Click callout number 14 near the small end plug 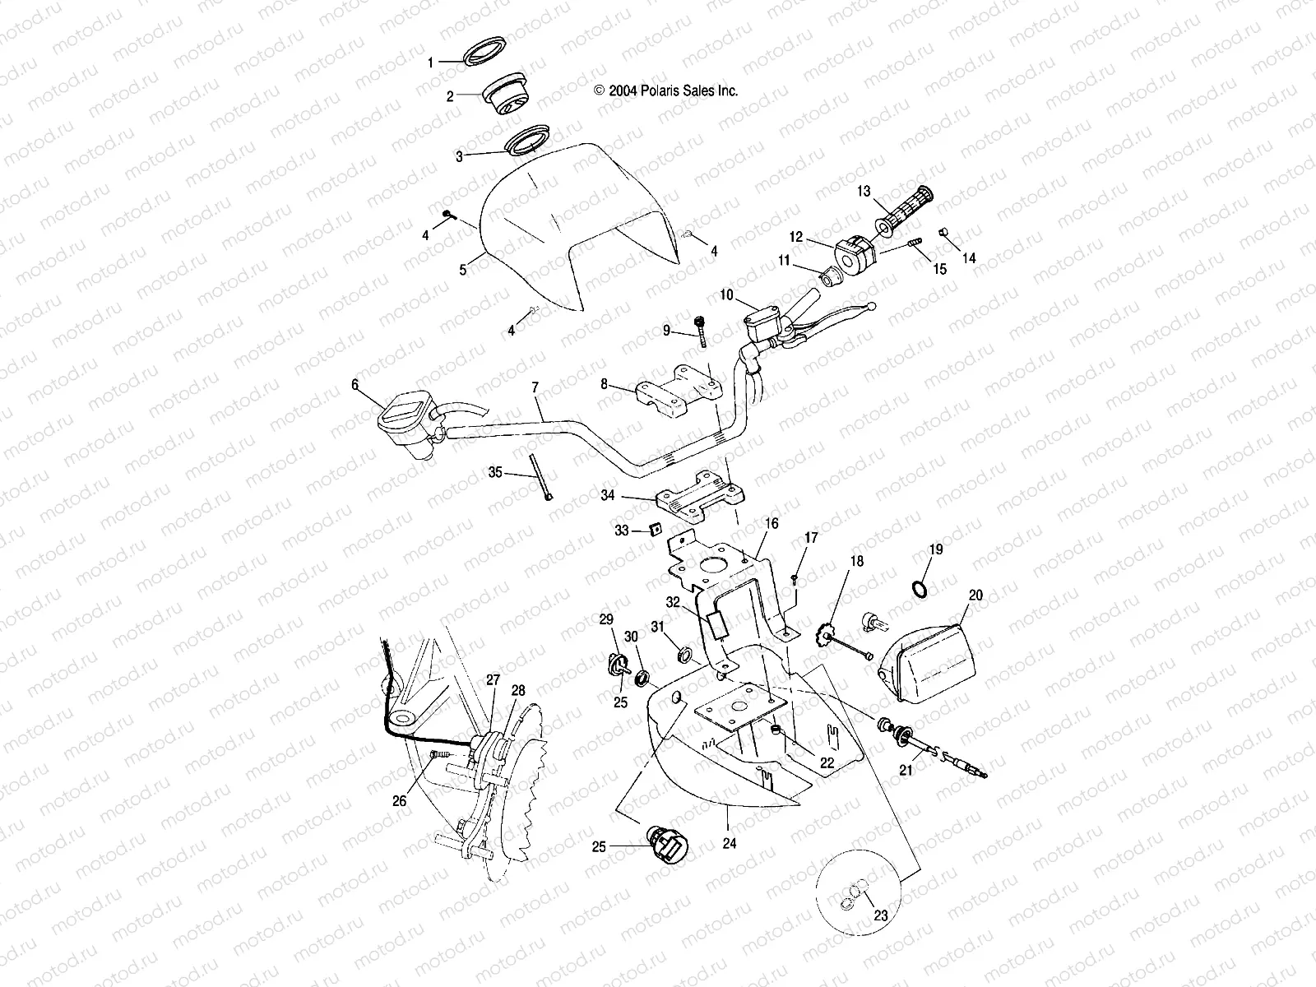969,258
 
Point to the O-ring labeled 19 920,589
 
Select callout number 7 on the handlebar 535,386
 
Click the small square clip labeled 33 656,530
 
